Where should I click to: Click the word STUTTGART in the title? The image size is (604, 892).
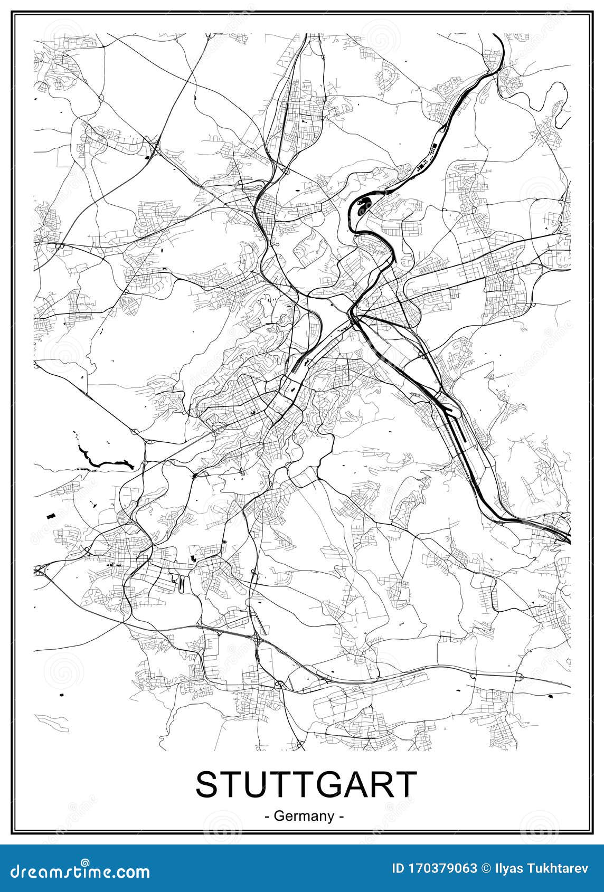click(306, 785)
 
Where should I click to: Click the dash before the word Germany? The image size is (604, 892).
click(268, 817)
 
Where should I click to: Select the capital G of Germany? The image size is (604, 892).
click(280, 816)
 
